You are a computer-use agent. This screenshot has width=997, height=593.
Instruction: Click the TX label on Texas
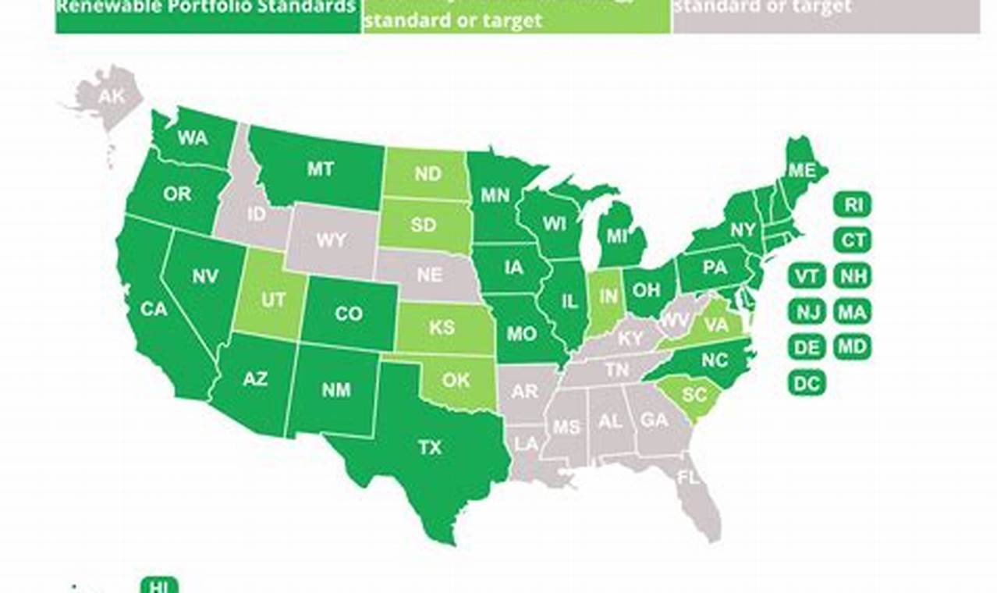pos(429,448)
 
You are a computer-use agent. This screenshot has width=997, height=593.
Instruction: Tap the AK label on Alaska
pos(112,97)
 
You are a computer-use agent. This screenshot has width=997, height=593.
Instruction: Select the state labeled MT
pos(320,169)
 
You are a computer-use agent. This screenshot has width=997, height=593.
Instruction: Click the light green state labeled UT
pos(272,300)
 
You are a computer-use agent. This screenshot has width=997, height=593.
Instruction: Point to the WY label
pos(331,240)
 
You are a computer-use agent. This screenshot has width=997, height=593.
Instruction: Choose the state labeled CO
pos(348,314)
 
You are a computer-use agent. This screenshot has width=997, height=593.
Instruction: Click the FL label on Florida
pos(688,477)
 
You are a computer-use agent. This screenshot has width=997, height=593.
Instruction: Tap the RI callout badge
pos(853,205)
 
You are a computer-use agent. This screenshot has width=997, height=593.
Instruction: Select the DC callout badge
pos(807,383)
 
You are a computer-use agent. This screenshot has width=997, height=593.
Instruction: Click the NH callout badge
pos(853,276)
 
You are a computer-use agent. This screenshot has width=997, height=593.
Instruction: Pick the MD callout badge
pos(853,347)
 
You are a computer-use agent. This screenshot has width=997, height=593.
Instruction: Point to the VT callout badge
pos(807,276)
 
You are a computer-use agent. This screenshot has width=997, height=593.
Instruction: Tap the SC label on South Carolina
pos(694,396)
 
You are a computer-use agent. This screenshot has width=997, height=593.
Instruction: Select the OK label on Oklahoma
pos(456,380)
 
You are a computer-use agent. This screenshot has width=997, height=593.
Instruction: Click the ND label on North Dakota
pos(428,173)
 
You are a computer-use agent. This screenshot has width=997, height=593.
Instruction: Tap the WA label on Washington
pos(192,138)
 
